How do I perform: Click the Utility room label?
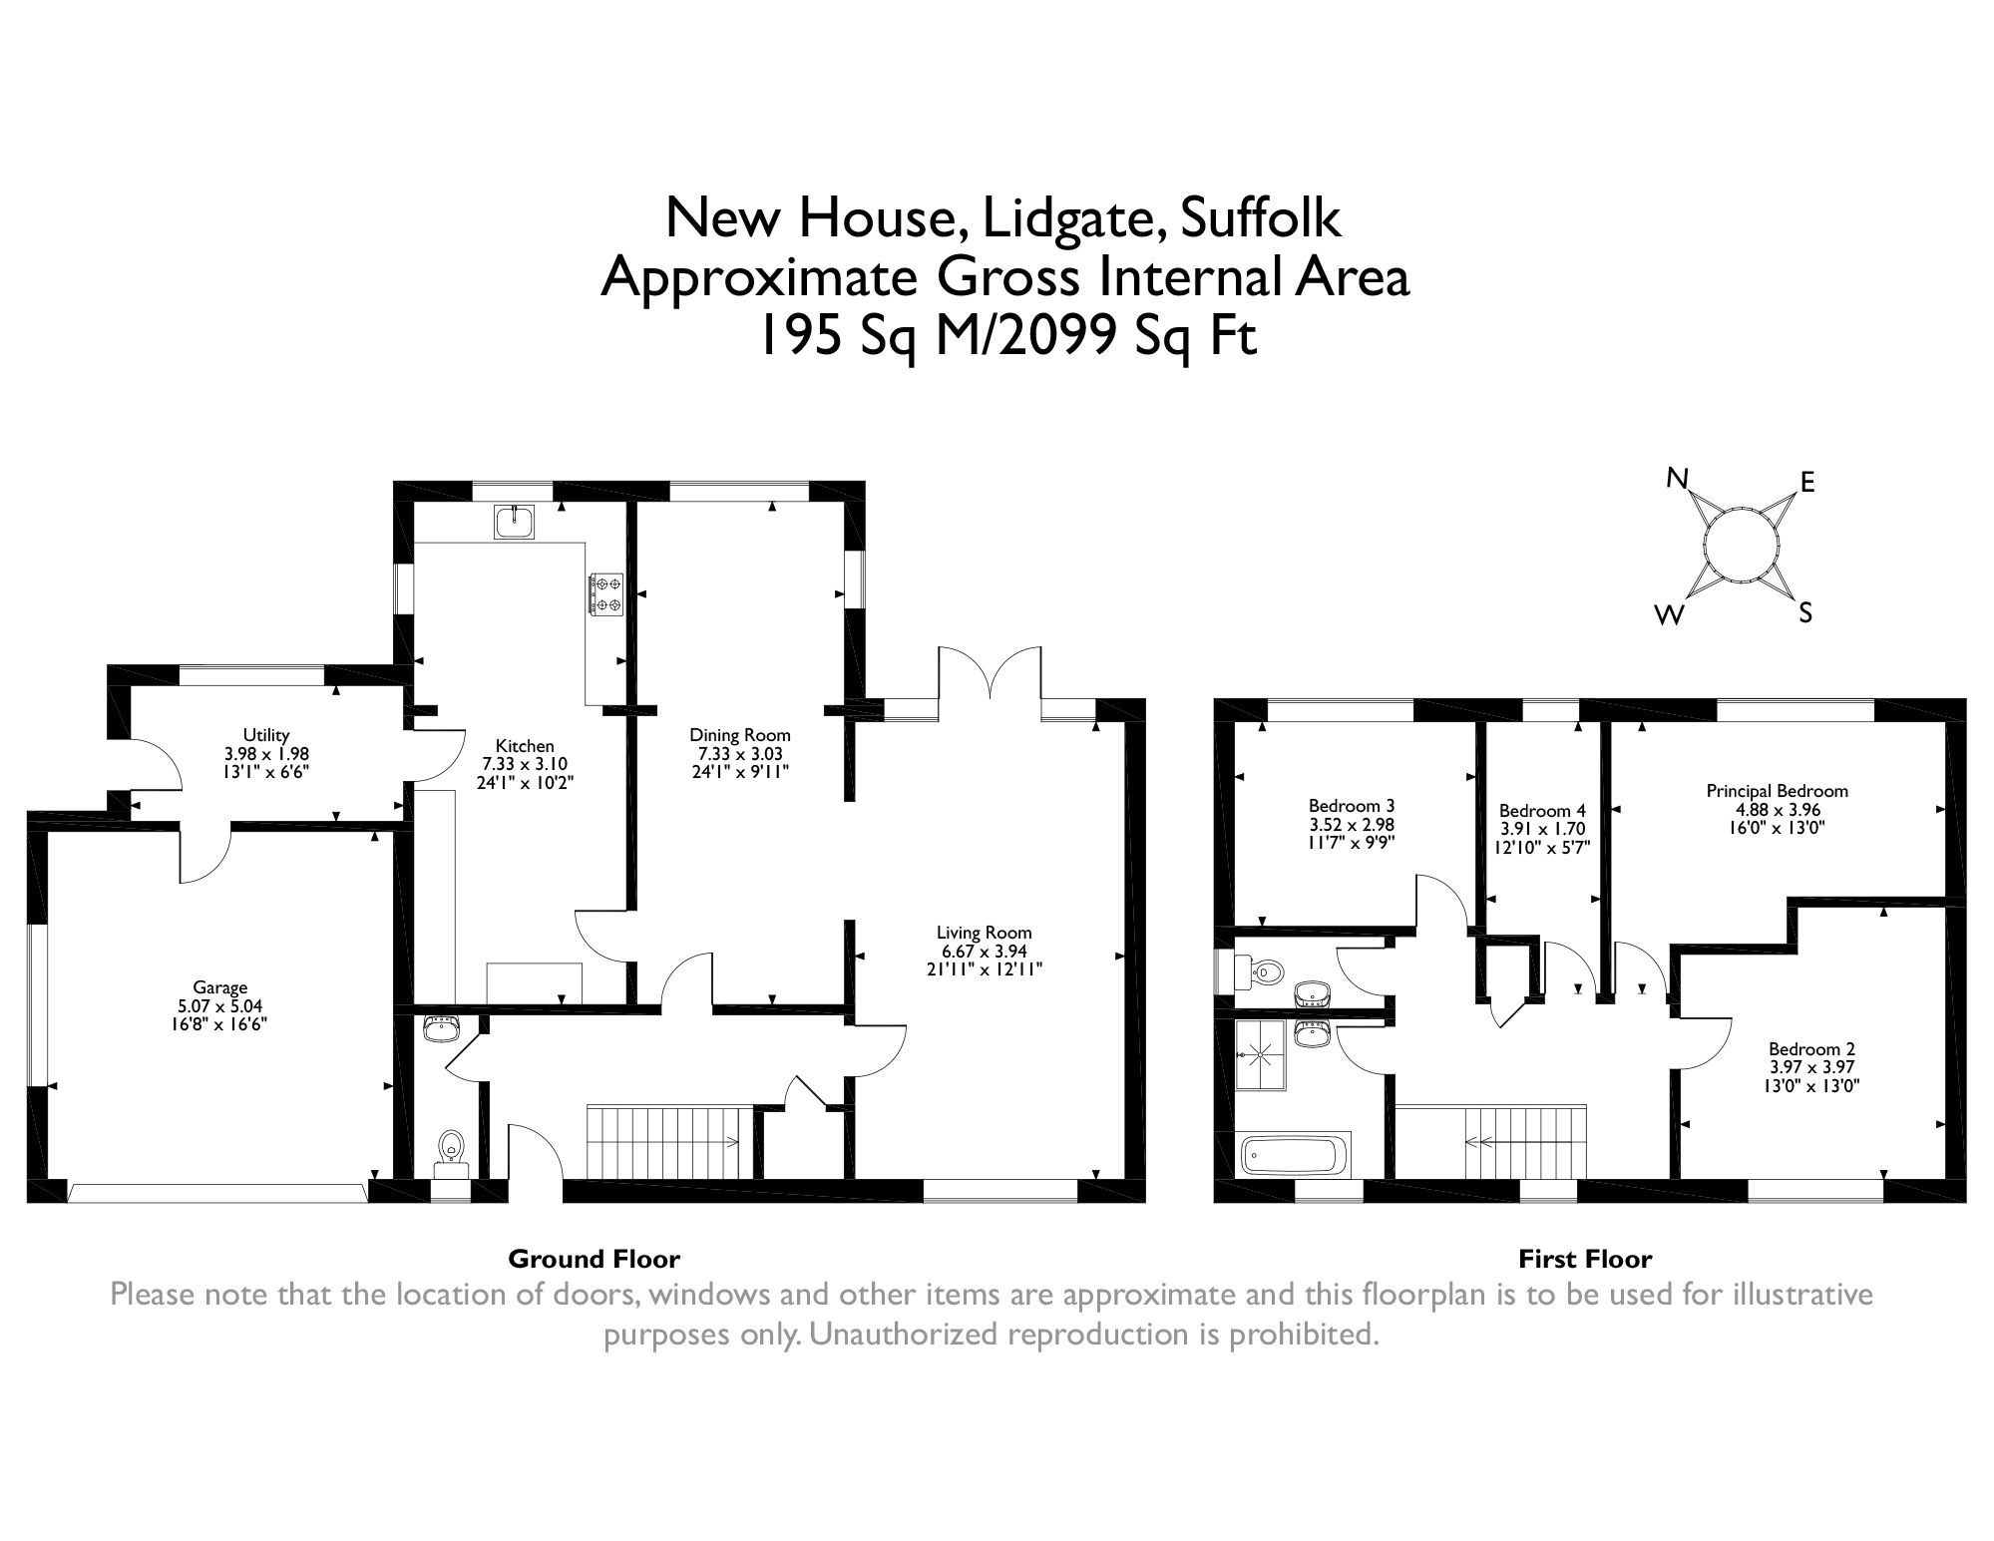266,736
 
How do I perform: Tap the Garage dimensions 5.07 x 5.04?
219,1006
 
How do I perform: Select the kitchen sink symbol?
515,521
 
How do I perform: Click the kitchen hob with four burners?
606,594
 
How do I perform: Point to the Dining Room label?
739,735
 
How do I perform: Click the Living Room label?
984,934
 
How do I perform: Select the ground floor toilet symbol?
452,1148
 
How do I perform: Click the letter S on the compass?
1804,613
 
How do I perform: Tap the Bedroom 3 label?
1351,806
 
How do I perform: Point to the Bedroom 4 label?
1541,811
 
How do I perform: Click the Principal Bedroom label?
1777,791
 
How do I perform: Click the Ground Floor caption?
594,1259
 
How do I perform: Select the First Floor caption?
1584,1259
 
